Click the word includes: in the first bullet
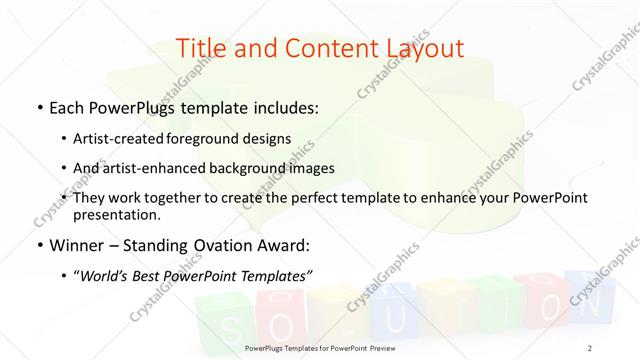(x=284, y=107)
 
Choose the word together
(x=202, y=199)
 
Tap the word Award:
(x=283, y=244)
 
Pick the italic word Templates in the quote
(x=277, y=275)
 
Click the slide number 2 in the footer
(x=590, y=347)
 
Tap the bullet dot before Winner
(x=38, y=245)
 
